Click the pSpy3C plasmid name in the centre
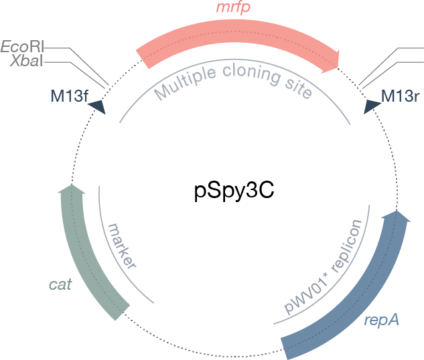pos(234,191)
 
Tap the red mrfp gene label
pos(233,7)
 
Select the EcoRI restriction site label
pos(22,46)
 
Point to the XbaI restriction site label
pos(27,61)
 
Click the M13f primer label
pos(70,96)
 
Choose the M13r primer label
pos(400,96)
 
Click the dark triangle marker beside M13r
pos(371,106)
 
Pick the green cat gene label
pos(60,284)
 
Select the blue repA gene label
pos(381,321)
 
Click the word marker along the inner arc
pos(122,246)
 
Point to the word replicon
pos(346,245)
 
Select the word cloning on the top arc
pos(251,74)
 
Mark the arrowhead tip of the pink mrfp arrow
pos(339,67)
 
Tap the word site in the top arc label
pos(299,88)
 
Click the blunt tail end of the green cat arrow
pos(123,313)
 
